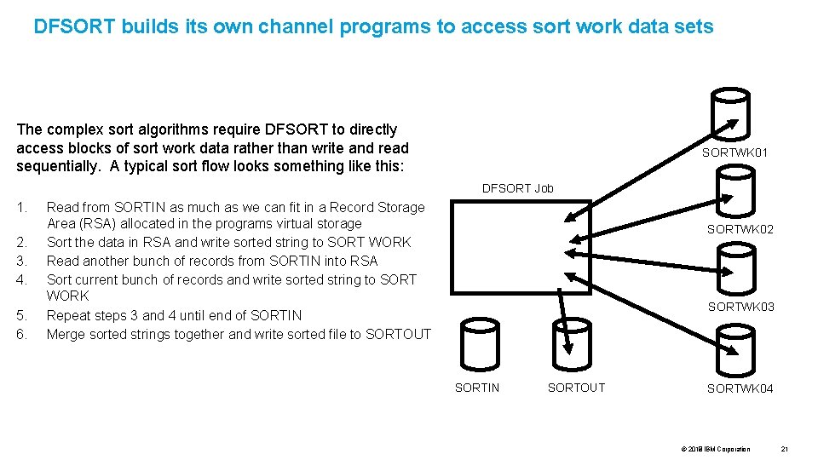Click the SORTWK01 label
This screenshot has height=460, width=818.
coord(734,152)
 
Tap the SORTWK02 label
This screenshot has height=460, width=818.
coord(740,229)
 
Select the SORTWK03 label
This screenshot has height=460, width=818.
coord(741,307)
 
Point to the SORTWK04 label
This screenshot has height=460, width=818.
coord(740,388)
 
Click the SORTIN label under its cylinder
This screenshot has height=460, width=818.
coord(477,388)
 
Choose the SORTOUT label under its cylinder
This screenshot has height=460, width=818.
coord(576,388)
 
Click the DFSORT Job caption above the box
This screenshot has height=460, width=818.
coord(518,188)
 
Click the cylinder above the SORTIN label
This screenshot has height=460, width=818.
coord(478,346)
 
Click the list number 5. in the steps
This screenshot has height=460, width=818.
coord(21,315)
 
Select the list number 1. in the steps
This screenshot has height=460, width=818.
coord(21,207)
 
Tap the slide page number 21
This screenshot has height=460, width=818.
coord(786,449)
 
